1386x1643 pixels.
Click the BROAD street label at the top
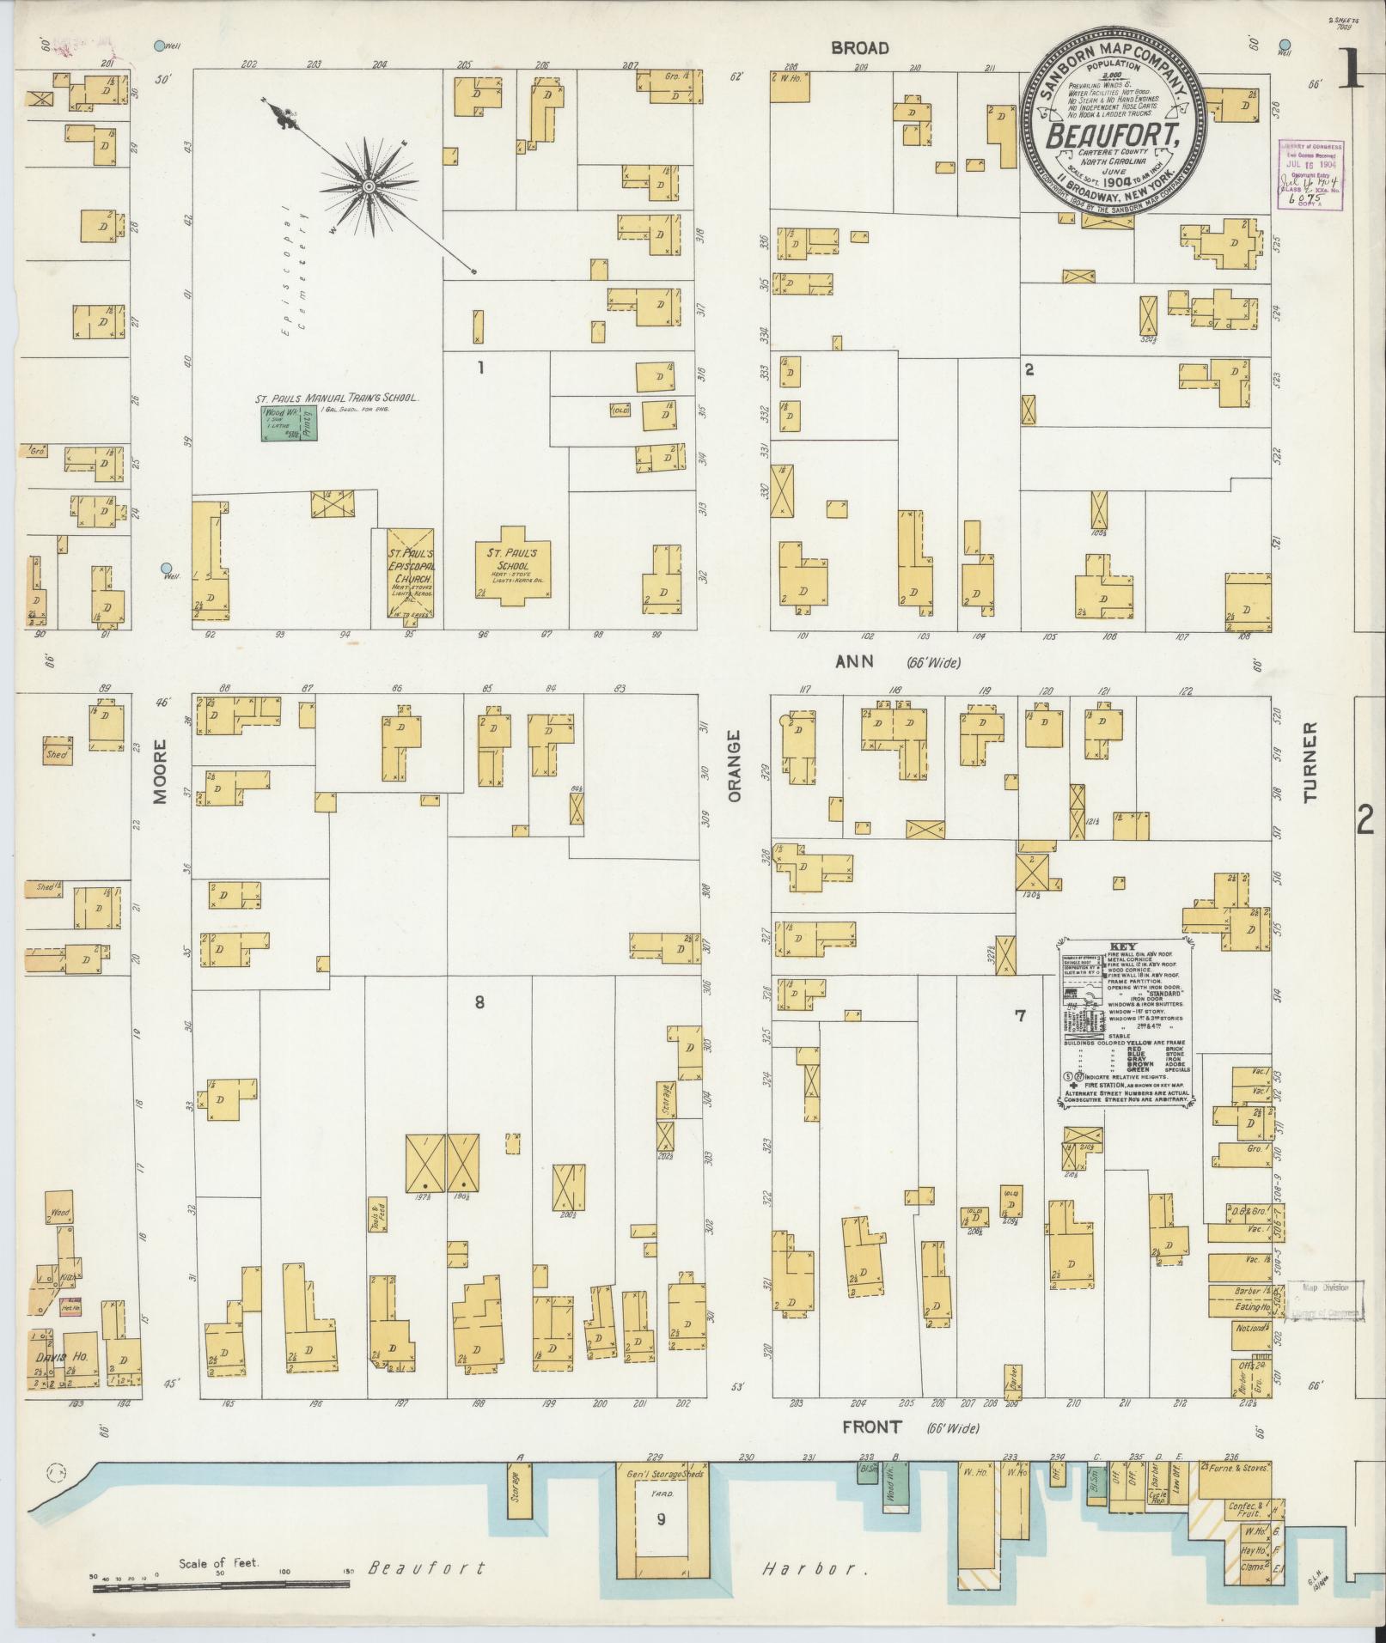tap(858, 48)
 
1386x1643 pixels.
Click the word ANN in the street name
tap(854, 661)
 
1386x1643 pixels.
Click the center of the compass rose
tap(368, 186)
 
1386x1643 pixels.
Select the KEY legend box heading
tap(1122, 945)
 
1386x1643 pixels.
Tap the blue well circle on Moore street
tap(166, 568)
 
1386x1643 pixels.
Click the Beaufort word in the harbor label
tap(426, 1568)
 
